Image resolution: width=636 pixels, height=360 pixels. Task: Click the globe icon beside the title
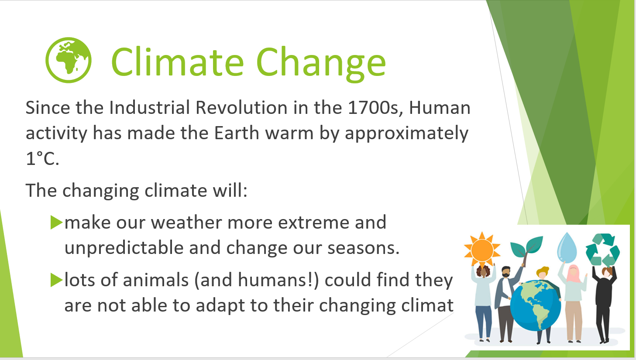click(69, 60)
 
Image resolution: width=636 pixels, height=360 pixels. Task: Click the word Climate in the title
click(178, 62)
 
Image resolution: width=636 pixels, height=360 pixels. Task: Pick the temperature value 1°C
click(42, 158)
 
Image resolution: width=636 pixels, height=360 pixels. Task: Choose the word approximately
click(406, 134)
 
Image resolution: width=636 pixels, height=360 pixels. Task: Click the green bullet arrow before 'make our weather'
click(56, 222)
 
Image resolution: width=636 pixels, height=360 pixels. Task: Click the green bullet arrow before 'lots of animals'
click(56, 280)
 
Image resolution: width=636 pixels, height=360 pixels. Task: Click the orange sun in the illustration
click(482, 250)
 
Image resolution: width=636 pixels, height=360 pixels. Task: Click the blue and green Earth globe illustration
click(535, 305)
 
